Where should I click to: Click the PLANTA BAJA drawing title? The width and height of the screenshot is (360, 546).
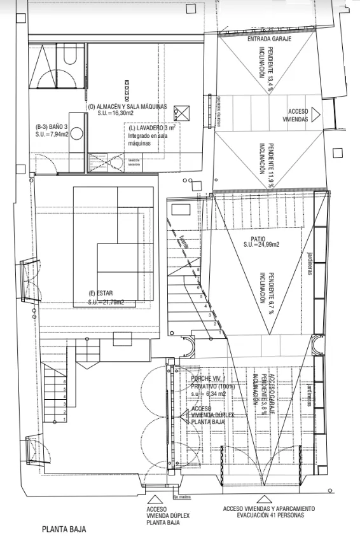64,529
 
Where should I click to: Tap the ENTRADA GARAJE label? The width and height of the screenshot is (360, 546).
268,39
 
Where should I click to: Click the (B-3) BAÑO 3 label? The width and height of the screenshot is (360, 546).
52,127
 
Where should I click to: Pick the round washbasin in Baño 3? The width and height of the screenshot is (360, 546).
76,133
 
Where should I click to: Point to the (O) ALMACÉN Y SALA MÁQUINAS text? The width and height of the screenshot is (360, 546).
127,107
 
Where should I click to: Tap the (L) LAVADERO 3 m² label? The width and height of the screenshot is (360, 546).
151,128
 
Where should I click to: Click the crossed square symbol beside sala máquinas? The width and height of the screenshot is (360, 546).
181,112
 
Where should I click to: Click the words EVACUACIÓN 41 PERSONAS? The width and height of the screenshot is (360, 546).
268,515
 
